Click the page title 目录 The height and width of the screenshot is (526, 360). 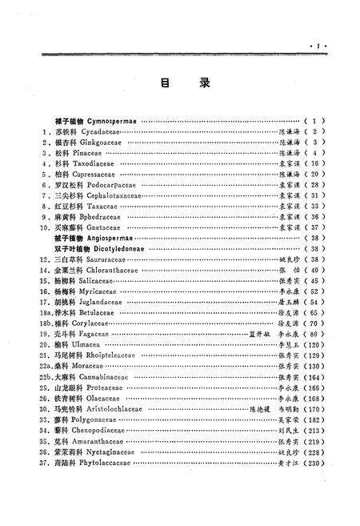click(x=180, y=82)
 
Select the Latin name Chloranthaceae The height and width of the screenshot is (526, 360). click(x=110, y=270)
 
